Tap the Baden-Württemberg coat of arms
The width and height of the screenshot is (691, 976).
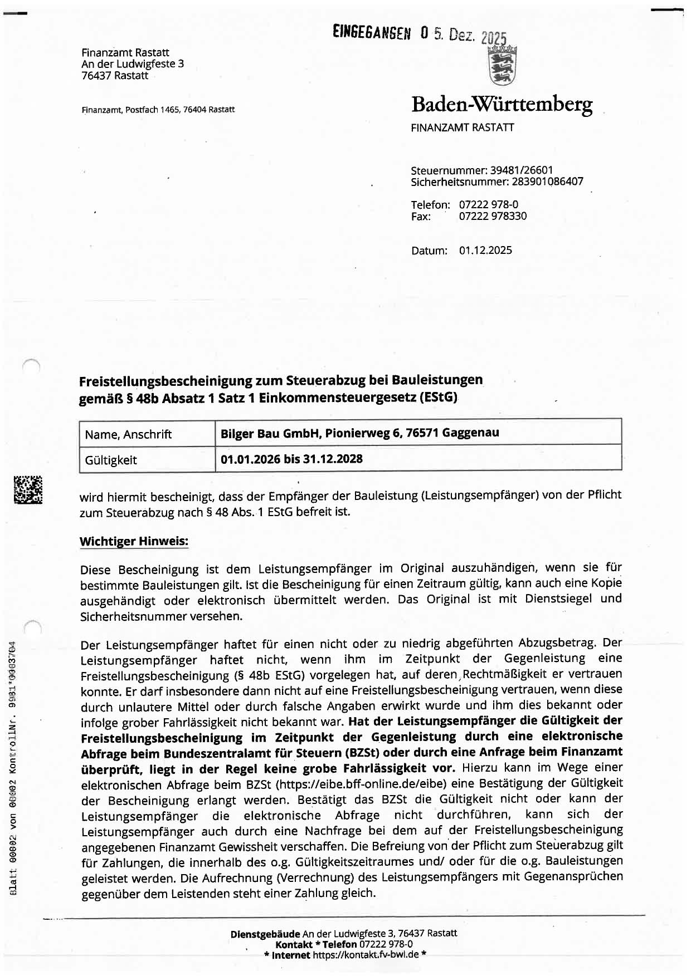pyautogui.click(x=502, y=66)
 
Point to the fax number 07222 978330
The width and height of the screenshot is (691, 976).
pyautogui.click(x=493, y=216)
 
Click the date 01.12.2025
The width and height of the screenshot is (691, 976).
pyautogui.click(x=485, y=251)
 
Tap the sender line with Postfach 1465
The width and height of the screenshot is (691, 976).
pyautogui.click(x=158, y=110)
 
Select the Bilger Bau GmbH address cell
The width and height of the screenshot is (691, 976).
pyautogui.click(x=360, y=433)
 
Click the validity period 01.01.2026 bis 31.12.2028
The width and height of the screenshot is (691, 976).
pyautogui.click(x=291, y=459)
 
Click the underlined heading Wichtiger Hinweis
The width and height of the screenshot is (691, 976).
pyautogui.click(x=134, y=541)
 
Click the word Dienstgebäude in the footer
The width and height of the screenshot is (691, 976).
pyautogui.click(x=265, y=933)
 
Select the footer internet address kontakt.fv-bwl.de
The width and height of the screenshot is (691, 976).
pyautogui.click(x=365, y=955)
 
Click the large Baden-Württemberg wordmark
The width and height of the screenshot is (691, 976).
pyautogui.click(x=502, y=104)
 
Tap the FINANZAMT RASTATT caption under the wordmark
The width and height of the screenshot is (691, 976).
pyautogui.click(x=462, y=127)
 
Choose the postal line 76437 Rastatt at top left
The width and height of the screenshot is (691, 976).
pyautogui.click(x=115, y=76)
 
